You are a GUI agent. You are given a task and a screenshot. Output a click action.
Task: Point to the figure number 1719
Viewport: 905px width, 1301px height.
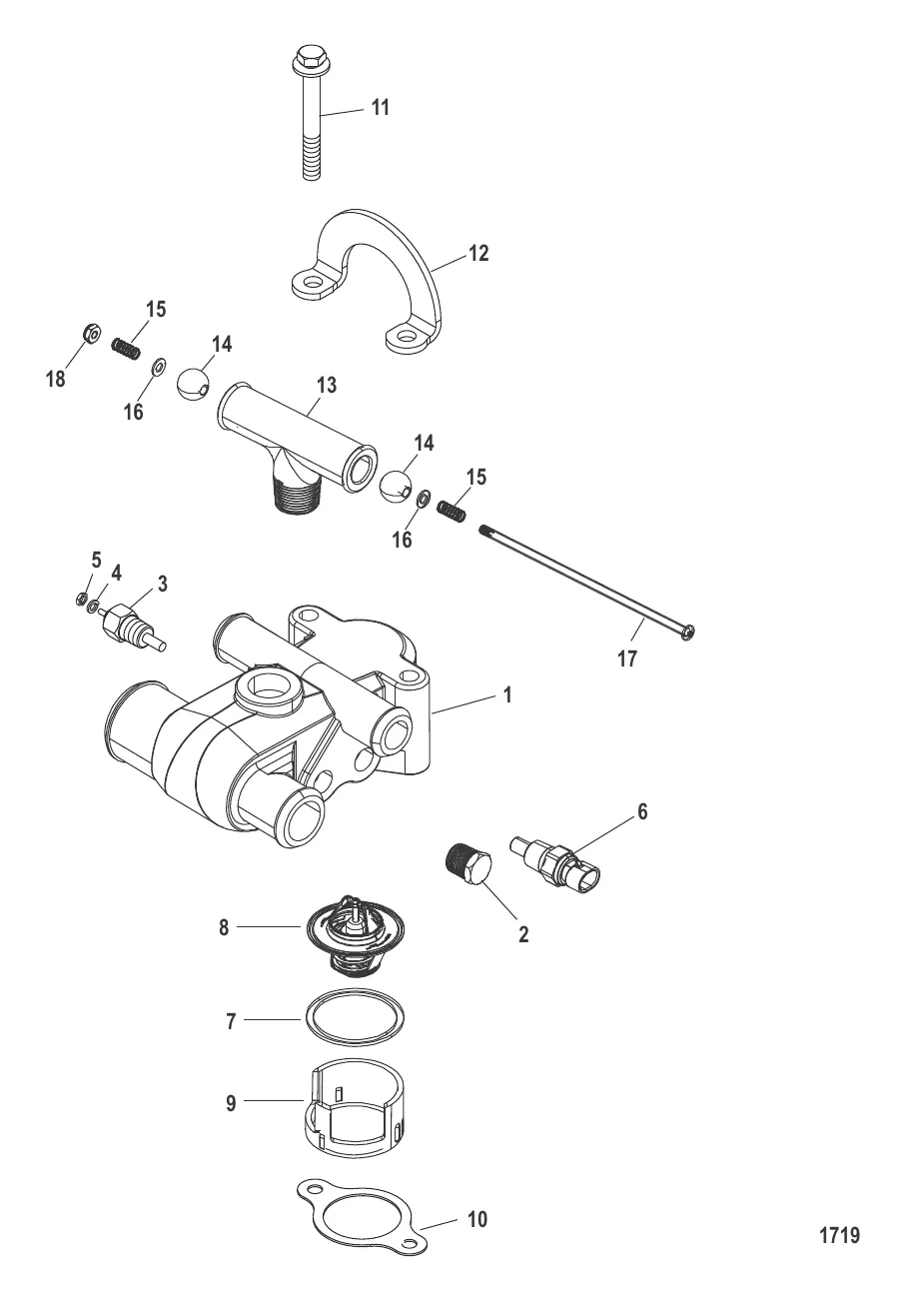point(839,1236)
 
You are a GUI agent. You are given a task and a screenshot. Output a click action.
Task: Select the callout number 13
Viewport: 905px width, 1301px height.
point(325,385)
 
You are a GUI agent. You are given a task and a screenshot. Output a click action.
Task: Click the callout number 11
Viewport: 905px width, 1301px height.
point(380,108)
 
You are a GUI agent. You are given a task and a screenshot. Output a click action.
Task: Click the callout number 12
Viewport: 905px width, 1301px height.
point(478,254)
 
